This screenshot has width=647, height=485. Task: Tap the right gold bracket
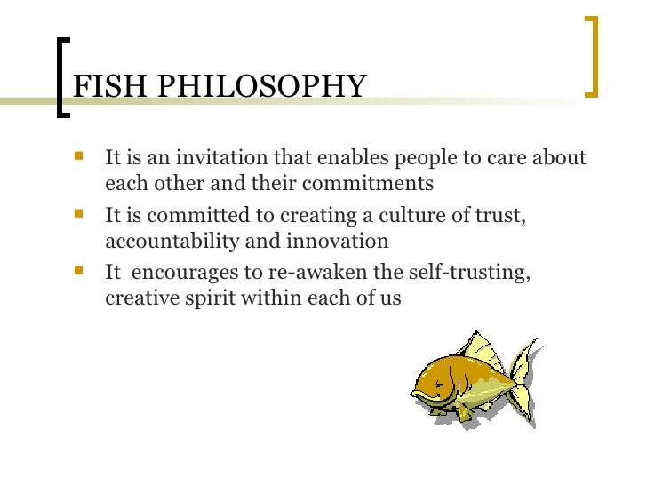pos(593,55)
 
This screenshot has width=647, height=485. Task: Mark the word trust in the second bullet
pos(501,216)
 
